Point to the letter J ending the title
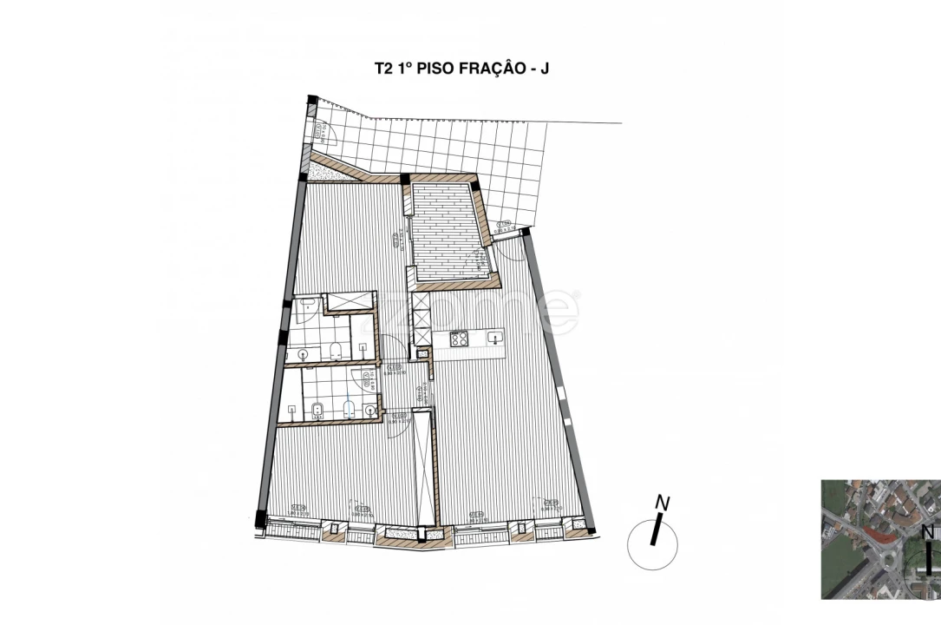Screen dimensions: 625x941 544,68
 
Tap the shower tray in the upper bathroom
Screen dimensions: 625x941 348,301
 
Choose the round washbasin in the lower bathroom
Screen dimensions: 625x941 370,409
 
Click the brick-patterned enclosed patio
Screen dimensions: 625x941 448,230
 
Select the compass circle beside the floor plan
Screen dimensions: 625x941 652,544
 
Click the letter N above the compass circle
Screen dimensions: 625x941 663,502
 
